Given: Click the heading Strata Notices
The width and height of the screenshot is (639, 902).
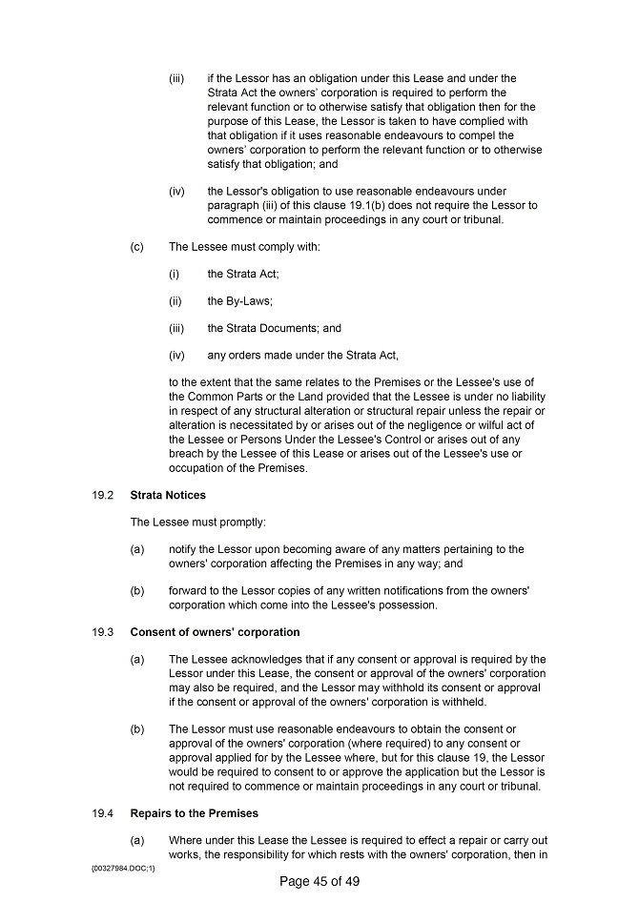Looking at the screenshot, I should tap(168, 495).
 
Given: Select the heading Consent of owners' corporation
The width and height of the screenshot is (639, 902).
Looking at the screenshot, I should tap(215, 632).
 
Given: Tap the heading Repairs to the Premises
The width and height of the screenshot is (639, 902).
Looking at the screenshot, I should tap(194, 813).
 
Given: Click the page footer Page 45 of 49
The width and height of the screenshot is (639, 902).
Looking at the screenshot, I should tap(319, 881).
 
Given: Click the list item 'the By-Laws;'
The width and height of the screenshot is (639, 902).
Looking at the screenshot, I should tap(240, 301).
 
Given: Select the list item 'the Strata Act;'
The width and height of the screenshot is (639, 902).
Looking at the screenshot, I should tap(243, 274).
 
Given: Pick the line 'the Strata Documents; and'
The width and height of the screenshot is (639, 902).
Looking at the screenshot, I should tap(274, 328).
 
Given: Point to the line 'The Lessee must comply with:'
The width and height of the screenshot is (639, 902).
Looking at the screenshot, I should tap(244, 247).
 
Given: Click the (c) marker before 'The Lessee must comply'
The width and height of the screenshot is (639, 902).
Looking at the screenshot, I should tap(136, 247).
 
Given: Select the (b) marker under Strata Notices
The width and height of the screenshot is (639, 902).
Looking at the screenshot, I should tap(136, 591).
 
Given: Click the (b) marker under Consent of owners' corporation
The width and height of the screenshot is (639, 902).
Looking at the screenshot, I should tap(136, 728).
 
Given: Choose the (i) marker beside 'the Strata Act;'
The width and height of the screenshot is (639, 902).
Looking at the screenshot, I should tap(175, 274).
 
